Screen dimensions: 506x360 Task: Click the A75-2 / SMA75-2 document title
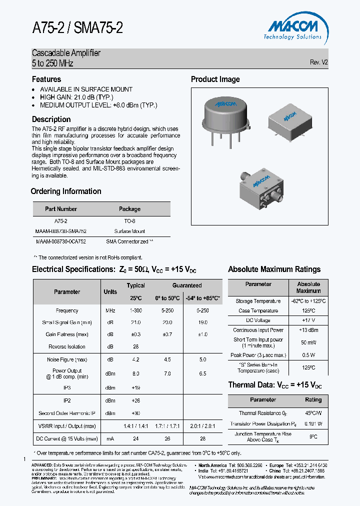pos(77,28)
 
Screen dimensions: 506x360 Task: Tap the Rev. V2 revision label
pos(318,62)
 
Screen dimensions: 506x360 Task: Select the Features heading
pos(46,79)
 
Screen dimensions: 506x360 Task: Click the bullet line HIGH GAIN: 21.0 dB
pos(76,97)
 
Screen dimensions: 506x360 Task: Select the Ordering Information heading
pos(66,191)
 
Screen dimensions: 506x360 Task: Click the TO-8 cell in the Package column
pos(129,221)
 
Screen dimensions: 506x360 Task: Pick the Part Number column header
pos(61,209)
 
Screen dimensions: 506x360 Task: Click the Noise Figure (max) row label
pos(67,359)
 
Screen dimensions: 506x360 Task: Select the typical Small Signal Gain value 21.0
pos(135,322)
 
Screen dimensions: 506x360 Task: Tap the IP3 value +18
pos(135,387)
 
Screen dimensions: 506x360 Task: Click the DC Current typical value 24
pos(135,438)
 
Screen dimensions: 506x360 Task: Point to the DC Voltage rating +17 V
pos(308,320)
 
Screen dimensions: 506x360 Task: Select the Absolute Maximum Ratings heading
pos(274,269)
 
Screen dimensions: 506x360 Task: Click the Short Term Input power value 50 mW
pos(308,342)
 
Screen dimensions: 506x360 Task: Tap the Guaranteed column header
pos(187,285)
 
